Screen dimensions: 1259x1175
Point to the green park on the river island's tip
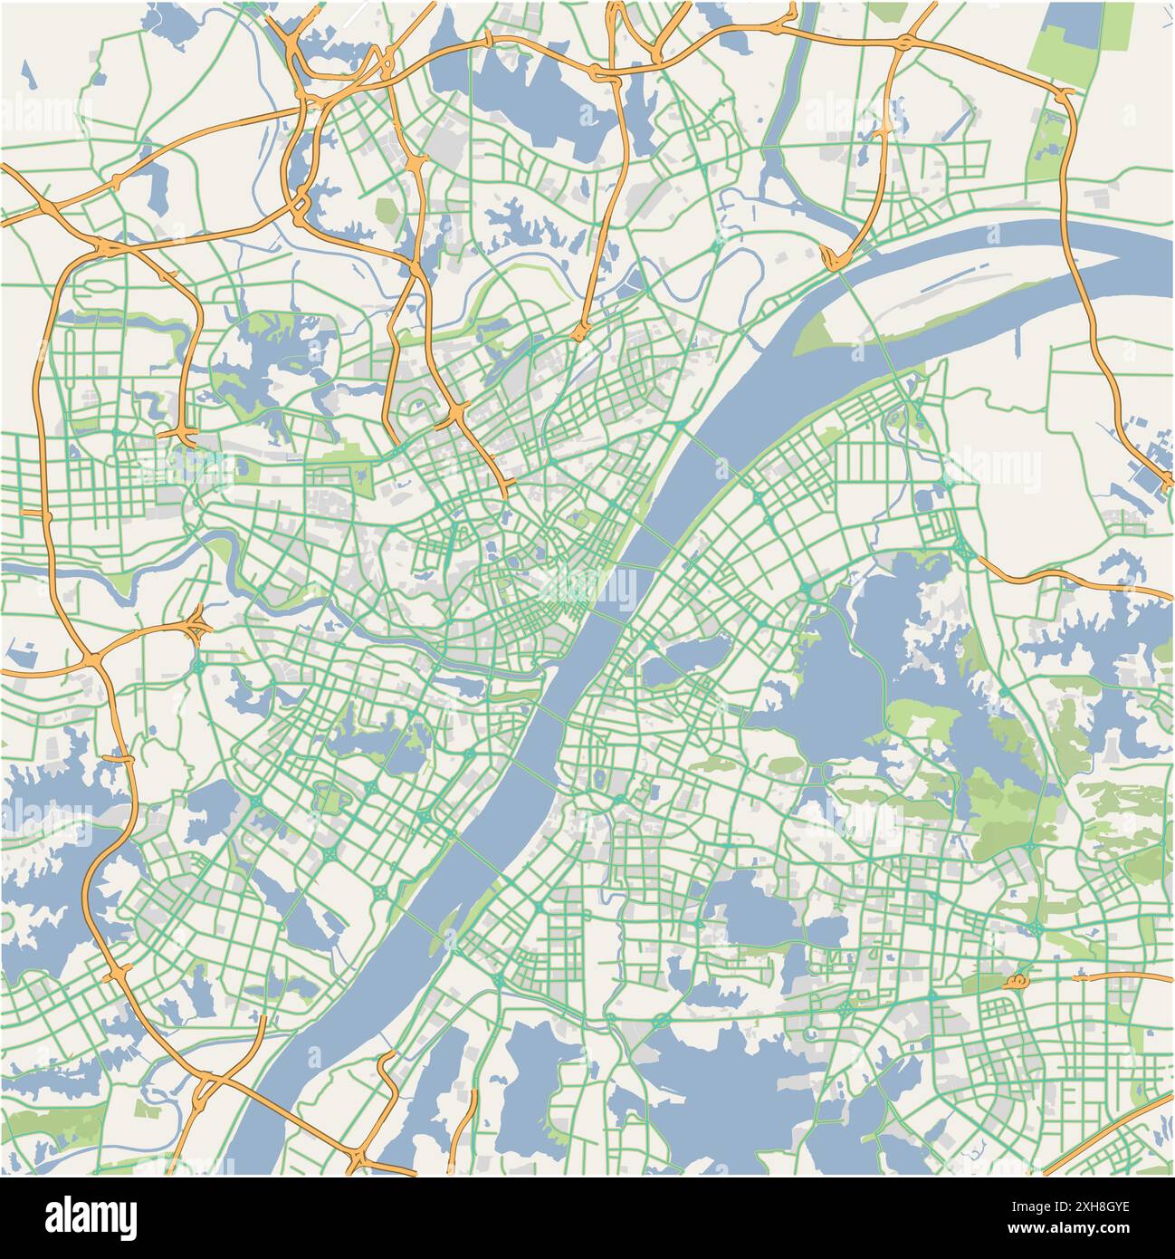[819, 326]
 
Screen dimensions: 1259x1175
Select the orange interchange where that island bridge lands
[833, 259]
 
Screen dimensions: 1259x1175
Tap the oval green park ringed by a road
[327, 799]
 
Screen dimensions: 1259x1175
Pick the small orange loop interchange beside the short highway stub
[1017, 981]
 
